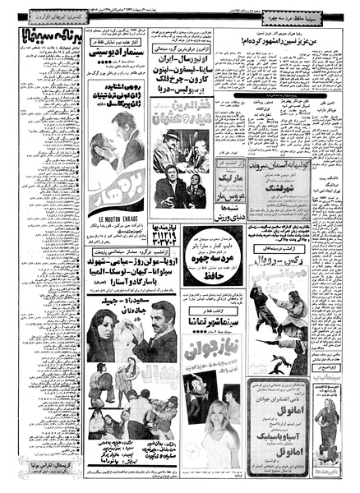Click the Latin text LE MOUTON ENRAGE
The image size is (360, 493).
(115, 219)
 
